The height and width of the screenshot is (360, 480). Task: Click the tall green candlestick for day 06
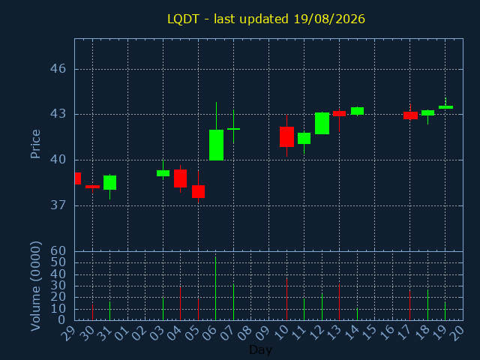click(216, 145)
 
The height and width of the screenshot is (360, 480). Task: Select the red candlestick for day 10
click(286, 136)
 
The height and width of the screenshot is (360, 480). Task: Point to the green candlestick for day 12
click(322, 123)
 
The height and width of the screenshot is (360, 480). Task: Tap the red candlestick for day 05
click(198, 191)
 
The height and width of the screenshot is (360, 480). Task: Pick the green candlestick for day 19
click(445, 106)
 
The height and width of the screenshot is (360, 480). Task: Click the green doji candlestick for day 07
click(233, 129)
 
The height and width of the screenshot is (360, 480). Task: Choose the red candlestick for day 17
click(410, 115)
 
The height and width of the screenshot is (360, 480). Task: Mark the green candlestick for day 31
click(110, 182)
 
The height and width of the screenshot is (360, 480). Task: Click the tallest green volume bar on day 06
click(215, 288)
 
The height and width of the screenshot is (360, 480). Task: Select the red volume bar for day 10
click(286, 299)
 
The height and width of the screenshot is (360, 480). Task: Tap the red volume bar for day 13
click(339, 301)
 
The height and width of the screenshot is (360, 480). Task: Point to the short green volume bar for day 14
click(357, 314)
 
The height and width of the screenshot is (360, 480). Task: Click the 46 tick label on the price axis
click(58, 68)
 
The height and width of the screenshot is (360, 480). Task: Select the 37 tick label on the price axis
click(58, 205)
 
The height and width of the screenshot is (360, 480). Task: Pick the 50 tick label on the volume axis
click(58, 262)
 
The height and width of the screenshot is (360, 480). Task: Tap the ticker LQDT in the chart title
click(183, 19)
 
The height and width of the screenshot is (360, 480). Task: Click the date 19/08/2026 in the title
click(329, 19)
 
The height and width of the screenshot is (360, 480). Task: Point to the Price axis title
click(35, 144)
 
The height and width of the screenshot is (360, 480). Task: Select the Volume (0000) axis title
click(35, 286)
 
